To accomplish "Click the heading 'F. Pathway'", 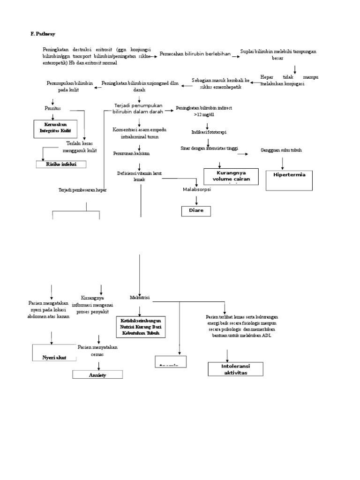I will (x=43, y=34).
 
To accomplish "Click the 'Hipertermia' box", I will (x=289, y=179).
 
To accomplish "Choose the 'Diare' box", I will (x=196, y=211).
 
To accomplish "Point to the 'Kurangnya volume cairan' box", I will (x=231, y=176).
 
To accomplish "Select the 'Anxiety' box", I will (x=97, y=375).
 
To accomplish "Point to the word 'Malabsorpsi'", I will (x=196, y=189).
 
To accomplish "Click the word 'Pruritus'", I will (x=53, y=108).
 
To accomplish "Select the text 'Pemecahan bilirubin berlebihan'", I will (x=195, y=54).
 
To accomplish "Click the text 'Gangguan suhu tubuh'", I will (x=281, y=150).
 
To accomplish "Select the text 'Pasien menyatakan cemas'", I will (x=98, y=351).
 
